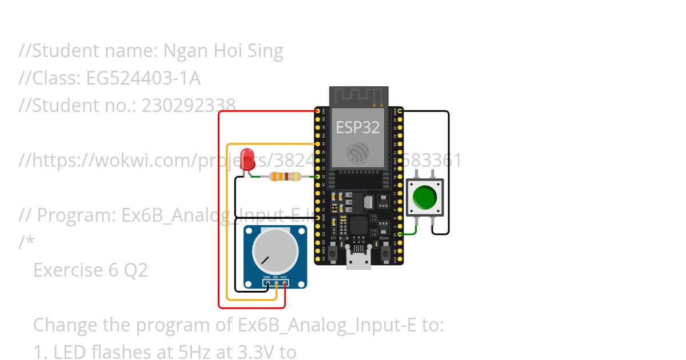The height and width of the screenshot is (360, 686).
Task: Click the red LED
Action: click(248, 159)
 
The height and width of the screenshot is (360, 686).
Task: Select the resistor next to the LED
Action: click(284, 177)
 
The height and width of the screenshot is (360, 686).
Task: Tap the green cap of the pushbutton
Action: click(425, 197)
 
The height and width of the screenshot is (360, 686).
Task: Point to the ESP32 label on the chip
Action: click(357, 127)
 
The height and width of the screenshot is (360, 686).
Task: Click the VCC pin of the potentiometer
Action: click(284, 282)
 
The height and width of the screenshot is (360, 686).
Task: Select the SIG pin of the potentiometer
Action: click(276, 282)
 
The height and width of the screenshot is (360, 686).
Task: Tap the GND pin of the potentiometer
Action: click(268, 282)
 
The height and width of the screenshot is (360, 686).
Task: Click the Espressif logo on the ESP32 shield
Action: click(358, 153)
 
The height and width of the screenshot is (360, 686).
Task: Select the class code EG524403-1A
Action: click(143, 78)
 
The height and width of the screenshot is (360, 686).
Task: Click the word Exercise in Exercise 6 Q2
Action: click(67, 270)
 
